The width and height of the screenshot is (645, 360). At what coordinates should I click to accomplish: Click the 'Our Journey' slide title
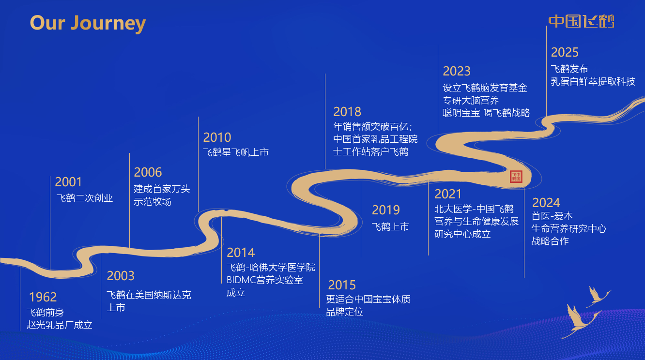[x=88, y=23]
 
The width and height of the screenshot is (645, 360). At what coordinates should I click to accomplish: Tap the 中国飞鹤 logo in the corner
[x=581, y=21]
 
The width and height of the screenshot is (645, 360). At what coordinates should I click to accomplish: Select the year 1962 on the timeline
[x=43, y=297]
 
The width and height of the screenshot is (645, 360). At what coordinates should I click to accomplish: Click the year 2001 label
[x=68, y=182]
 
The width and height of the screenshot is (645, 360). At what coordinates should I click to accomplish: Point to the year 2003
[x=121, y=276]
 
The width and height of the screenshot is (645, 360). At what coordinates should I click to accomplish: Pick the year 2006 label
[x=148, y=172]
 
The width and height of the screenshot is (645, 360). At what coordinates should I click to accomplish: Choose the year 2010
[x=217, y=137]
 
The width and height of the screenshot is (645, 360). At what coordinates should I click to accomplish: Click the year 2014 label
[x=241, y=253]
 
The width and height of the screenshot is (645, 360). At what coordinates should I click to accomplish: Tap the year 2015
[x=342, y=285]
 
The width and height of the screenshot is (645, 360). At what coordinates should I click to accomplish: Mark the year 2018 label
[x=347, y=112]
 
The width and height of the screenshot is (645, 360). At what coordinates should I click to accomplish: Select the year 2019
[x=386, y=210]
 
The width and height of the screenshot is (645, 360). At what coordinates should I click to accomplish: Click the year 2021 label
[x=448, y=194]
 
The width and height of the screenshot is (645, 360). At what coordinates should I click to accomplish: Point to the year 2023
[x=457, y=71]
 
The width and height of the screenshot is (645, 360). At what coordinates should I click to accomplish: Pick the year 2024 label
[x=546, y=202]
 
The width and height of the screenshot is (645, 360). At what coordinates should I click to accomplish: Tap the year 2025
[x=565, y=52]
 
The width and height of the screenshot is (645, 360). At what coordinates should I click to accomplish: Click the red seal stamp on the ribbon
[x=516, y=177]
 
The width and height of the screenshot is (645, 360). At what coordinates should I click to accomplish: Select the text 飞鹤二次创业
[x=85, y=198]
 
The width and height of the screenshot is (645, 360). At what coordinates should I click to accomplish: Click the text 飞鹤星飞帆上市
[x=236, y=152]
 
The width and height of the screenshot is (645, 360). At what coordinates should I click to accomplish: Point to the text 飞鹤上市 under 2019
[x=390, y=226]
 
